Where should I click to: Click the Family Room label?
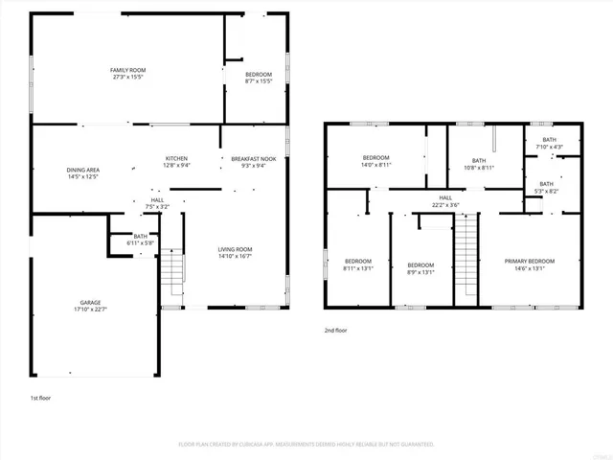[x=126, y=70]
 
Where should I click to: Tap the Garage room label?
[x=90, y=302]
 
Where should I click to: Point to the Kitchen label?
[x=176, y=158]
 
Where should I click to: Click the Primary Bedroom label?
[x=530, y=261]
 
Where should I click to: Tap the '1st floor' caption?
[x=39, y=396]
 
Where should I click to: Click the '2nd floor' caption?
[x=335, y=330]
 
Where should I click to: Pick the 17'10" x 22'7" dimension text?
[x=90, y=309]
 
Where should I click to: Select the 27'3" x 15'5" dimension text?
[x=126, y=77]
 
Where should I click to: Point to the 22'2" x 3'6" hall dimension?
[x=445, y=204]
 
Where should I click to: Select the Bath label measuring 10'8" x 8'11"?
[x=479, y=160]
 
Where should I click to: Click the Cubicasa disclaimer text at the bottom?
[x=306, y=445]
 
